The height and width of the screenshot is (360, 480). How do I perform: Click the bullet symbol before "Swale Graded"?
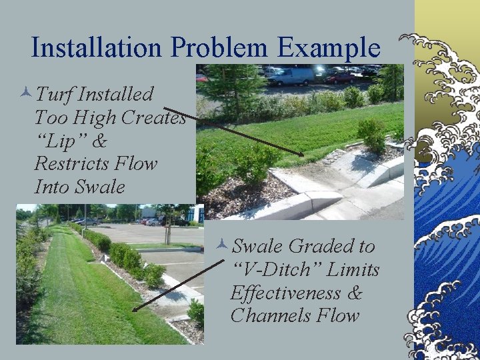[223, 246]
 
